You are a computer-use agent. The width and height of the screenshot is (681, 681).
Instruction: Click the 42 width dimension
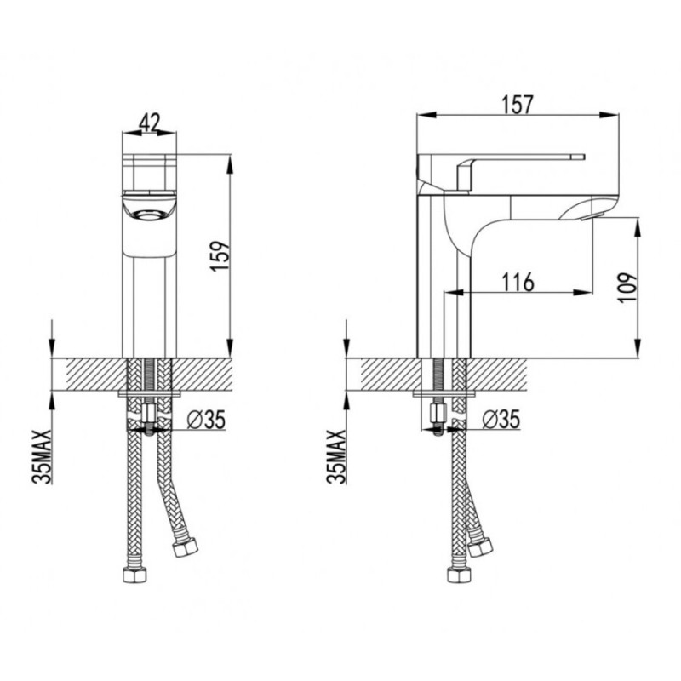pyautogui.click(x=150, y=122)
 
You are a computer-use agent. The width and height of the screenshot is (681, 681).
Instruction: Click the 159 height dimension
pyautogui.click(x=220, y=256)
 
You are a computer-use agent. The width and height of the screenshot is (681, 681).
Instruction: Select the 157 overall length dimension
pyautogui.click(x=517, y=105)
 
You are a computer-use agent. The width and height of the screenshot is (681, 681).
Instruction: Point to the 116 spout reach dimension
pyautogui.click(x=518, y=283)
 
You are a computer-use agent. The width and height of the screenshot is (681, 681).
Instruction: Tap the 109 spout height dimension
pyautogui.click(x=627, y=288)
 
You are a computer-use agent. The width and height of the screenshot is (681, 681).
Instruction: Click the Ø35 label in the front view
pyautogui.click(x=206, y=420)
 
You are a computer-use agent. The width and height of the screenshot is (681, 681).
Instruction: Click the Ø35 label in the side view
pyautogui.click(x=501, y=419)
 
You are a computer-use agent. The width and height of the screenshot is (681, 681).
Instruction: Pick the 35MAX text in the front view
pyautogui.click(x=42, y=456)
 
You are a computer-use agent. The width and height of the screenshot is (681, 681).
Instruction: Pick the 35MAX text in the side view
pyautogui.click(x=336, y=456)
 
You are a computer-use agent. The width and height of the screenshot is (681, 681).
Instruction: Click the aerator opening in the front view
pyautogui.click(x=150, y=215)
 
